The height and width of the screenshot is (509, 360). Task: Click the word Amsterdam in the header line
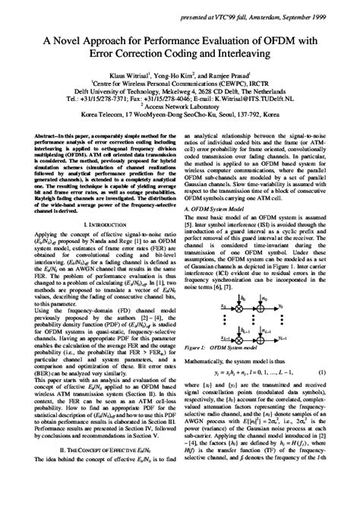point(262,7)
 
